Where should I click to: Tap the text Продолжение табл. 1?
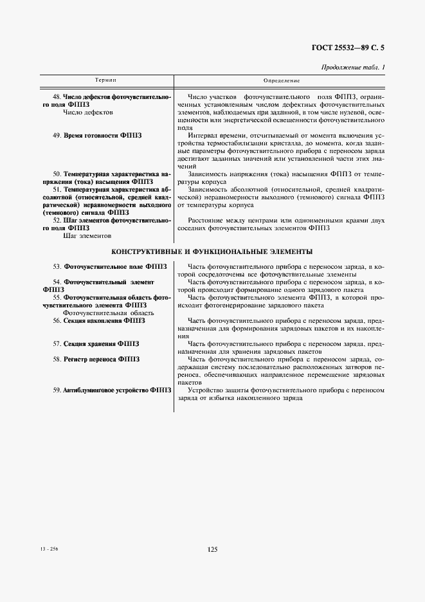coord(352,68)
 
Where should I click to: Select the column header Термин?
coord(105,80)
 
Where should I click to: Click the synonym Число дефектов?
coord(88,112)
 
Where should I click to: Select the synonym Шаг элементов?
coord(87,235)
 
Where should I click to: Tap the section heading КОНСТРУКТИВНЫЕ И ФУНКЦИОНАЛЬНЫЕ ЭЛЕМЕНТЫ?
coord(212,251)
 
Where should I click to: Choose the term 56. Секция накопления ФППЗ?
coord(99,320)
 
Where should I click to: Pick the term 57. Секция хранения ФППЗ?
coord(96,343)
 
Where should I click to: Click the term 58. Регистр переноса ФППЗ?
coord(96,359)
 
